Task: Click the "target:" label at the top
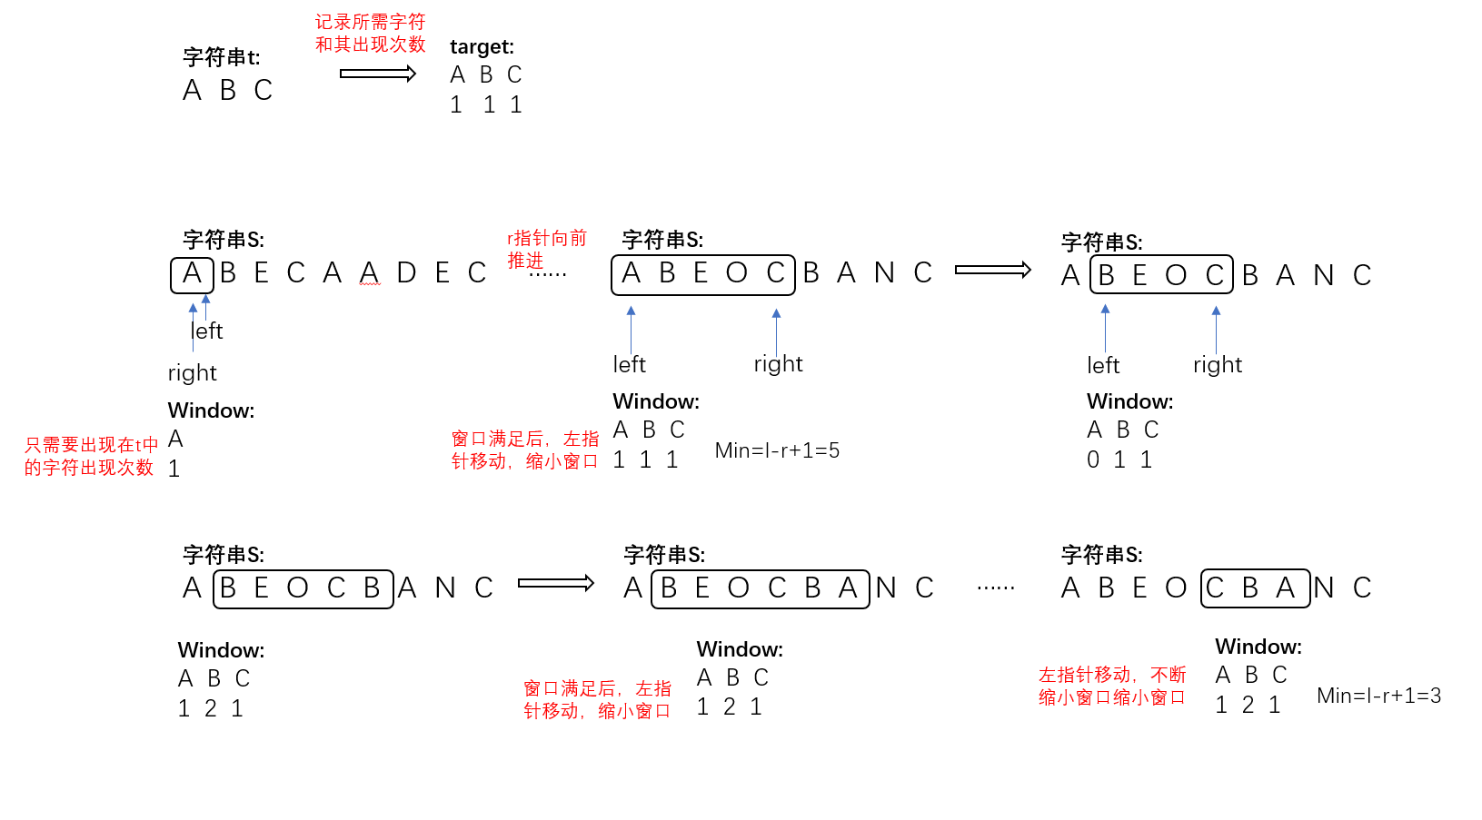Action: (x=482, y=46)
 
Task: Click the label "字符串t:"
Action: (x=221, y=57)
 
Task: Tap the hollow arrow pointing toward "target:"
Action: (x=377, y=74)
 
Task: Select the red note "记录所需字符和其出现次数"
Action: (x=370, y=33)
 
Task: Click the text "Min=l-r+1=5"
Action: (x=777, y=450)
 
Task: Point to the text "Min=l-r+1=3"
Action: (x=1378, y=696)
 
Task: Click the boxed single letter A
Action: (x=192, y=274)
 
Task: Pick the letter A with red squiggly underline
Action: (x=369, y=273)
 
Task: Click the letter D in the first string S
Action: (x=406, y=273)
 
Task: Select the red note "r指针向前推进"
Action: (x=546, y=249)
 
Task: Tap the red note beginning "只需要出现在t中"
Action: (x=90, y=456)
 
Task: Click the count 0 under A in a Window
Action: (x=1093, y=460)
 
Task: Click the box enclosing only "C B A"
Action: (x=1255, y=588)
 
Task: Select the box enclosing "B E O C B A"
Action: (x=760, y=588)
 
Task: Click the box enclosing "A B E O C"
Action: (x=702, y=274)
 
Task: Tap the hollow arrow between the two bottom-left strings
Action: (x=555, y=583)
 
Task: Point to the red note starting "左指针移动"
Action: (x=1112, y=686)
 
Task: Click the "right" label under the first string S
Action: (x=192, y=373)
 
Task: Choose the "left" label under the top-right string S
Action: (x=1103, y=365)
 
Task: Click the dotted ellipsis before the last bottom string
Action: (x=996, y=588)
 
